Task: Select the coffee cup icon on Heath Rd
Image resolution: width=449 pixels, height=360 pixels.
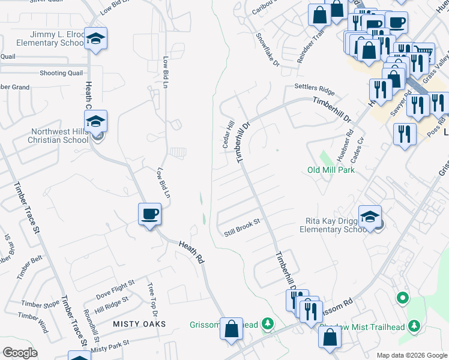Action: coord(149,214)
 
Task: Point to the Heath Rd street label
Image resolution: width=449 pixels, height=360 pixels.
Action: coord(191,250)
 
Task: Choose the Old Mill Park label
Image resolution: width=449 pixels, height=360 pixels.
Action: coord(331,170)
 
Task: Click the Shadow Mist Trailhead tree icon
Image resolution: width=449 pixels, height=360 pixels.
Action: coord(414,326)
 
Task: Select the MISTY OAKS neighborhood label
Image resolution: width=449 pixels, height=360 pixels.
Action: coord(139,324)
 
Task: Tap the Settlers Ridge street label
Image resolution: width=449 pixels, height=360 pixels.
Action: coord(314,88)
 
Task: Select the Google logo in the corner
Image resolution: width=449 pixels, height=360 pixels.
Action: coord(19,353)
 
